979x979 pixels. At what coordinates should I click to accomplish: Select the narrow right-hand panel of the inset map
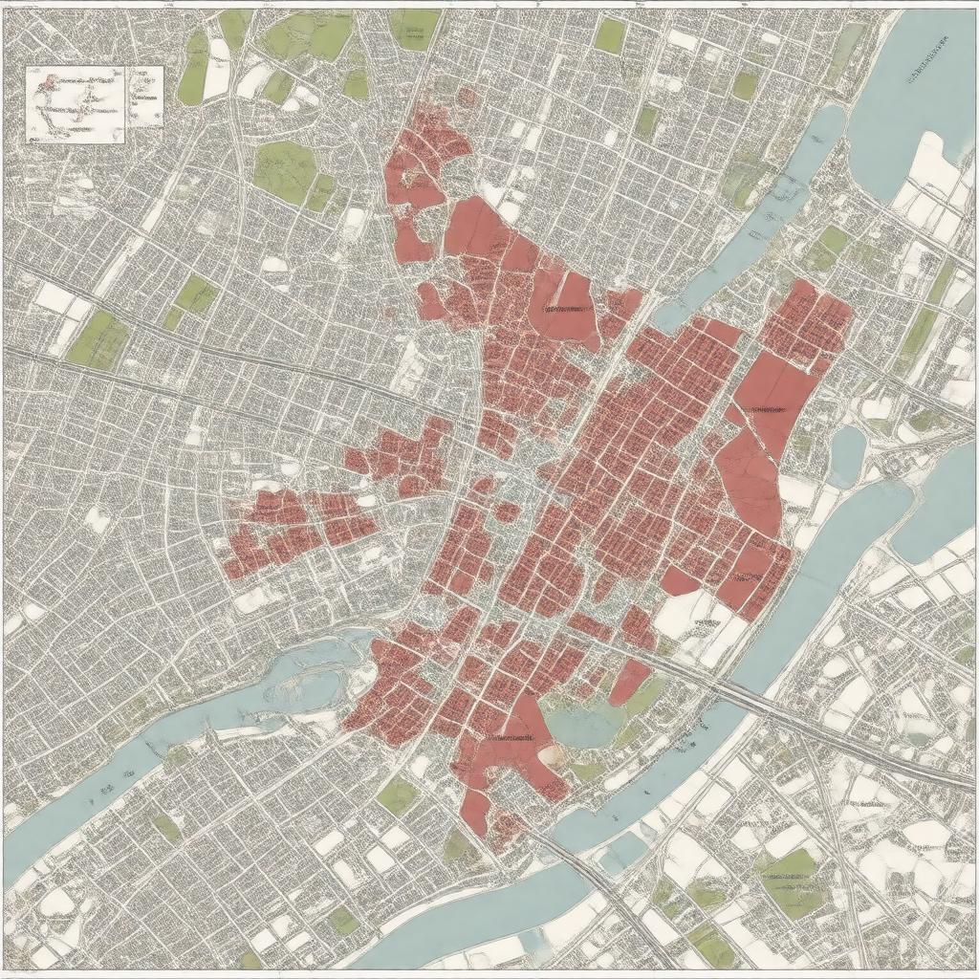[144, 96]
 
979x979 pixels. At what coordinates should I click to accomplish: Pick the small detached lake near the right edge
[846, 453]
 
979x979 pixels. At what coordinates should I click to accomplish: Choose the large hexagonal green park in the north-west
[285, 167]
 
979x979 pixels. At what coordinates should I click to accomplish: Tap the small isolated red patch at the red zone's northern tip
[467, 97]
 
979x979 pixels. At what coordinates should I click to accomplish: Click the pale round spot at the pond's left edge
[551, 754]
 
